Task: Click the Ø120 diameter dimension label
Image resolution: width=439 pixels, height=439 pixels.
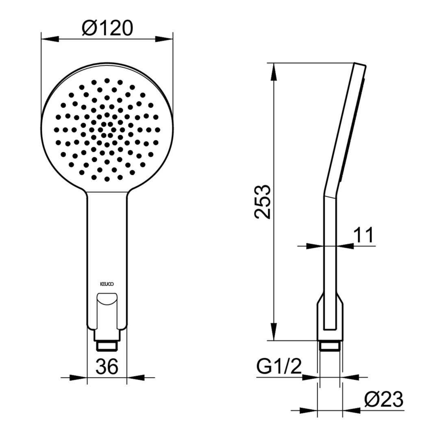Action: coord(107,28)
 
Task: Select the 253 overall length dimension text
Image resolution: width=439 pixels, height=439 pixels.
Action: coord(263,202)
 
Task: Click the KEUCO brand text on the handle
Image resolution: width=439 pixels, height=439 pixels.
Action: coord(107,284)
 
